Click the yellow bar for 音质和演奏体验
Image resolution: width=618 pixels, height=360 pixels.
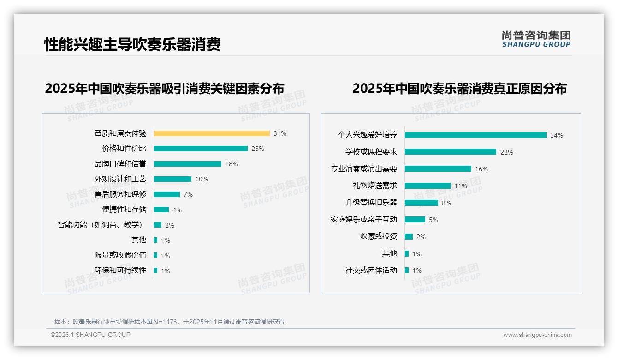[212, 133]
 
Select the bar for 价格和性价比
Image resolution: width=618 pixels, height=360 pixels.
[201, 149]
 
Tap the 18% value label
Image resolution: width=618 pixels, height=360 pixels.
[232, 164]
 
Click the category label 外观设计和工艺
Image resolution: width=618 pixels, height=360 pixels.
[120, 179]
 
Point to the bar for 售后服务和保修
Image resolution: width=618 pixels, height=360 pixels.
[167, 194]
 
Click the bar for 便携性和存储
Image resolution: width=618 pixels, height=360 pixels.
[161, 210]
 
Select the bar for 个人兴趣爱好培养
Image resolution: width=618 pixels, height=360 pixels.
[475, 135]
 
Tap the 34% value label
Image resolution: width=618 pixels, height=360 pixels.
[556, 135]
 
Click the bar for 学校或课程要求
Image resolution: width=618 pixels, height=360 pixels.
[451, 152]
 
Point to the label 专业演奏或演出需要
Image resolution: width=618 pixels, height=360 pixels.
[364, 169]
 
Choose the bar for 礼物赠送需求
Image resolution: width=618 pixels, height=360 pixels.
[428, 186]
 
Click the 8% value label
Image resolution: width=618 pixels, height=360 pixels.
[446, 203]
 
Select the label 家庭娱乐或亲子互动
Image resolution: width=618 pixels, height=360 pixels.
[364, 220]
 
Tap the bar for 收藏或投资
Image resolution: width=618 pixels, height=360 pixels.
[409, 237]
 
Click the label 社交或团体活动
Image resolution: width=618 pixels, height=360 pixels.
[371, 270]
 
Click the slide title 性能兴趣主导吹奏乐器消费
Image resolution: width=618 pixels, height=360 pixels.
[132, 44]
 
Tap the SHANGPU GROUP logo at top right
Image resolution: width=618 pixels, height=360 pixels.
[536, 39]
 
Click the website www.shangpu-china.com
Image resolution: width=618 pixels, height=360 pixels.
[537, 335]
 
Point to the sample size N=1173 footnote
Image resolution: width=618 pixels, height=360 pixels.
[169, 322]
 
